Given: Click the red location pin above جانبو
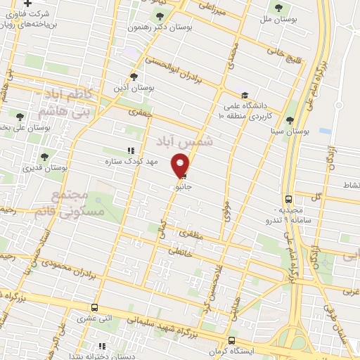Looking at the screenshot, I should pos(181,165).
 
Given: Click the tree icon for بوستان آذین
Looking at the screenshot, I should pos(134,77).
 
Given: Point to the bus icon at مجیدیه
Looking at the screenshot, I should pos(289,199).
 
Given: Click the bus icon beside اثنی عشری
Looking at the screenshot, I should pos(95,308).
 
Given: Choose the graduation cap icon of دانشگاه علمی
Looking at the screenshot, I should pos(244,96).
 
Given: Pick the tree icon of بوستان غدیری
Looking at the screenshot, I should pos(44,157).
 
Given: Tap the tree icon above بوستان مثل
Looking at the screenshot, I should pos(279,8).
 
